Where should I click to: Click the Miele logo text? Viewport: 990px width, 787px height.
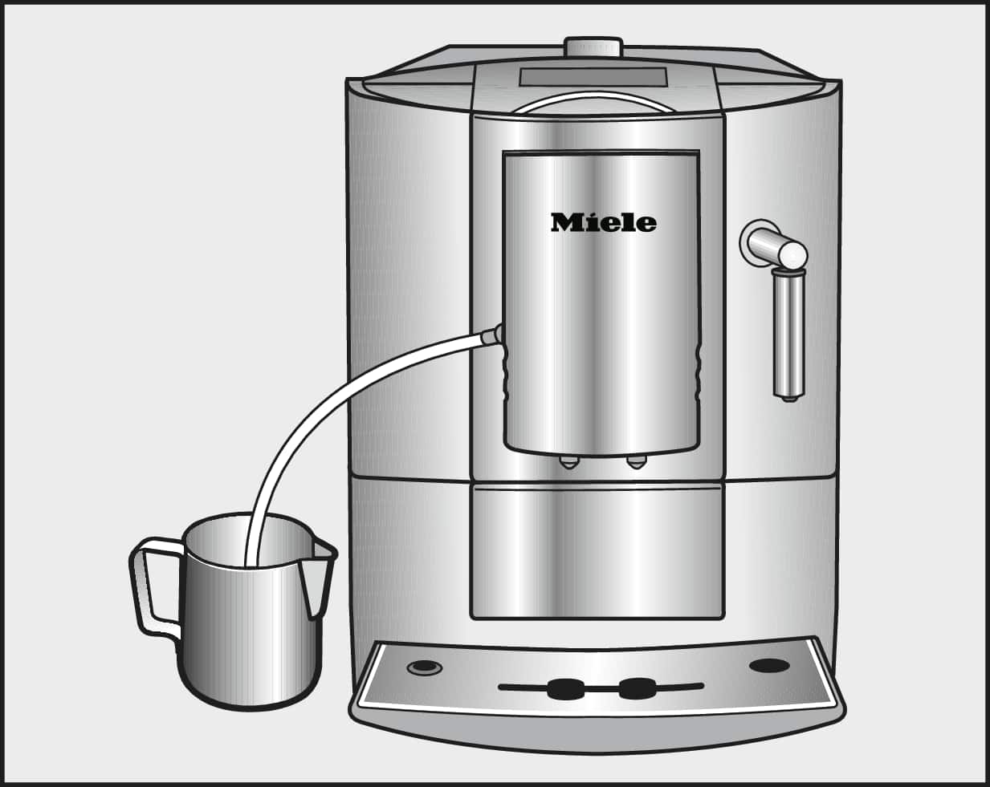pos(604,222)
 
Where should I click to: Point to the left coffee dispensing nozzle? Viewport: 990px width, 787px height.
pos(568,462)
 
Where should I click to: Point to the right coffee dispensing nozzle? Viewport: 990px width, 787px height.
pos(637,462)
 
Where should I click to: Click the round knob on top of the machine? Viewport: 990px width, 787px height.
pos(594,47)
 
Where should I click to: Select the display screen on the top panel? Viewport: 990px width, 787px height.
pos(593,77)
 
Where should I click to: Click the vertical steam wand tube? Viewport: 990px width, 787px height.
pos(788,335)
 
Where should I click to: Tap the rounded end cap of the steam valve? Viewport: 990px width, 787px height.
pos(793,254)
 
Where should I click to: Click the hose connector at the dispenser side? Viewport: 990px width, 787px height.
pos(491,335)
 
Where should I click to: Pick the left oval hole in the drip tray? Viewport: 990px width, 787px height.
pos(564,688)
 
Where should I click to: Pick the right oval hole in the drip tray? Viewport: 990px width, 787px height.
pos(637,688)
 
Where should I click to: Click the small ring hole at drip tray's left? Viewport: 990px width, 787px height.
pos(425,667)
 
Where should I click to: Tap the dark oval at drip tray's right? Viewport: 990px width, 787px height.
pos(770,665)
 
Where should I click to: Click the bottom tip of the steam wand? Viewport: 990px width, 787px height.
pos(789,398)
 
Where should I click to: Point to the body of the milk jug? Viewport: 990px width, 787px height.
pos(251,632)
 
